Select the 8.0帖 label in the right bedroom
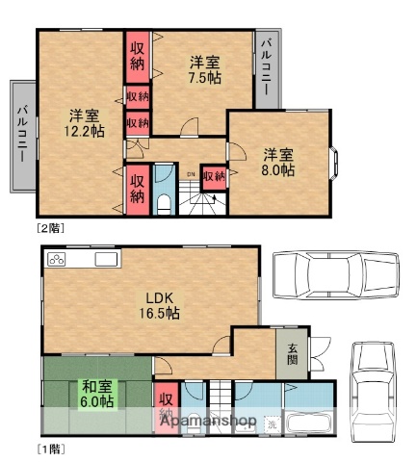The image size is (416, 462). (279, 162)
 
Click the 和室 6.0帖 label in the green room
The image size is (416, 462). (96, 393)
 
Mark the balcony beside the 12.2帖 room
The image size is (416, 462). (22, 138)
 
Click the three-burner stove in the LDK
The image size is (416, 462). (56, 259)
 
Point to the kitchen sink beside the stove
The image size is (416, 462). (106, 260)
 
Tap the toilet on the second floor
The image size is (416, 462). (164, 201)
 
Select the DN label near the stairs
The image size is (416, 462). (190, 174)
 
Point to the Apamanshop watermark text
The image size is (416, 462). (207, 422)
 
